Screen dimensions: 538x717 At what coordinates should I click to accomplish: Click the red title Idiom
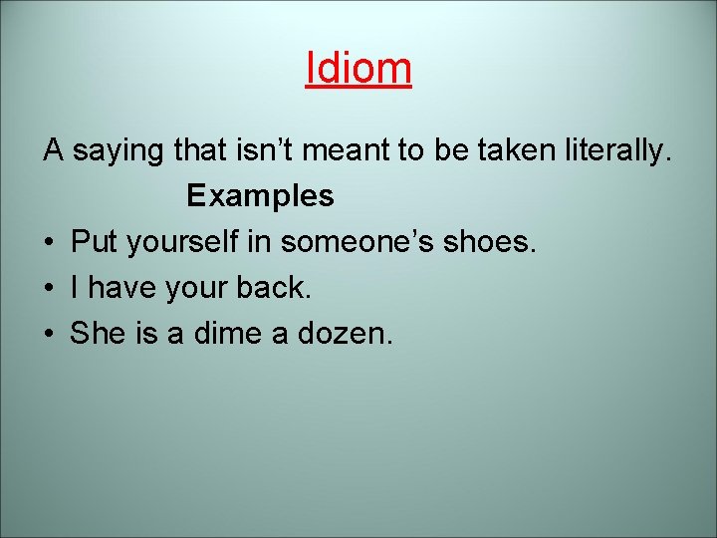coord(358,68)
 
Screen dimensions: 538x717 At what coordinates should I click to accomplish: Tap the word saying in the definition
coord(119,152)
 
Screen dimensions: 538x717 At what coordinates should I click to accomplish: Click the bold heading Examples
coord(260,196)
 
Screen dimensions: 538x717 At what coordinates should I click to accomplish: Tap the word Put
coord(94,241)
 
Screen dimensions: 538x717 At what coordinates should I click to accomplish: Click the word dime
coord(233,333)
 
